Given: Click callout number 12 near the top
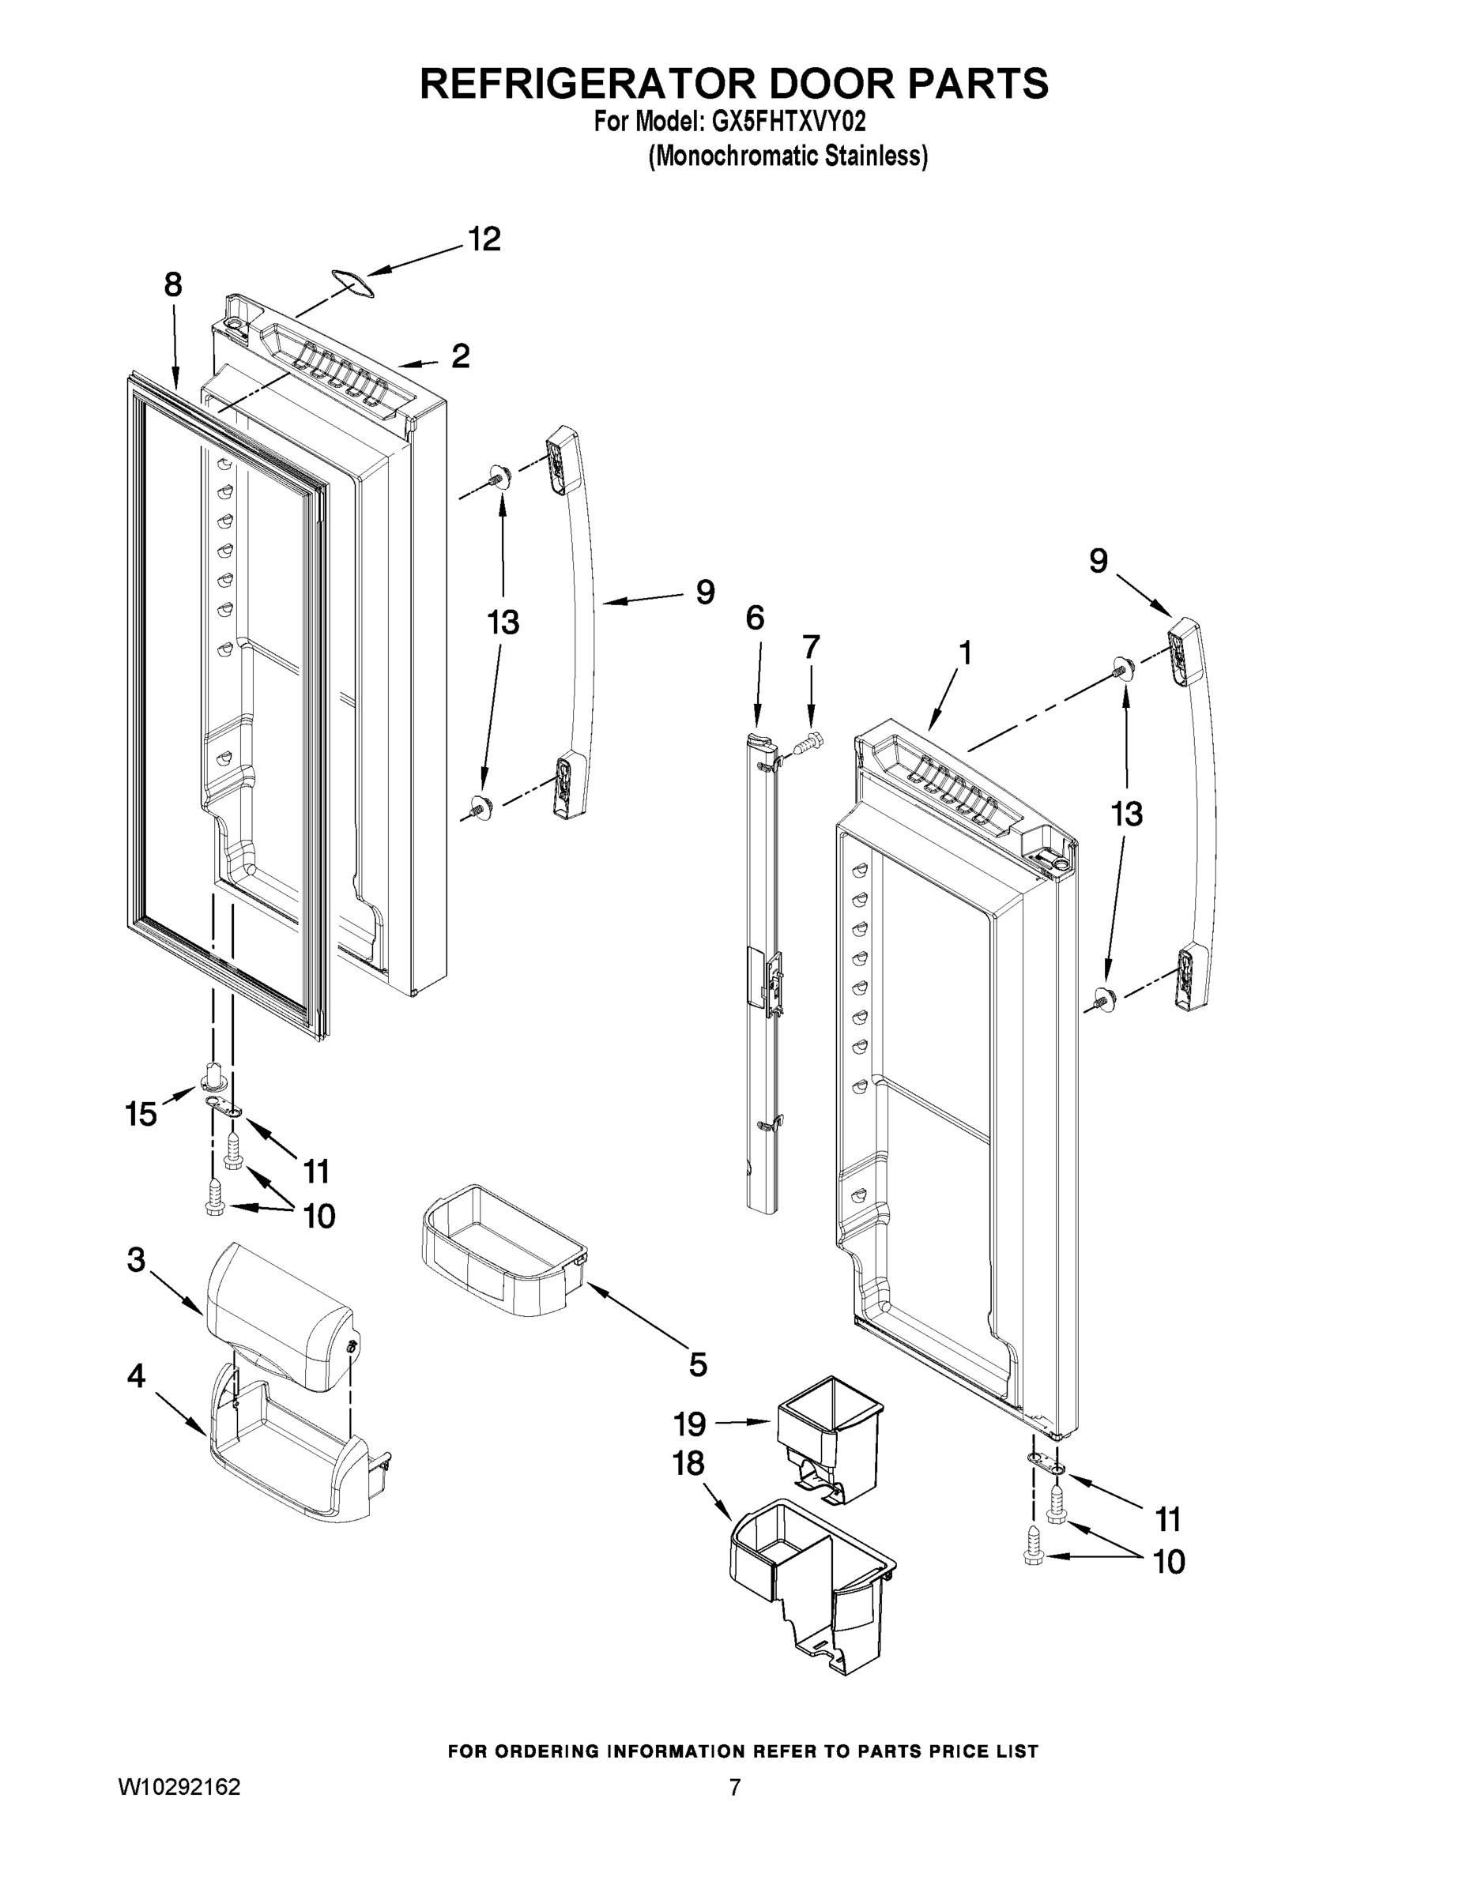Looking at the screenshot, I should [x=484, y=239].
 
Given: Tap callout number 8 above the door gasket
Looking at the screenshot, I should [x=173, y=284].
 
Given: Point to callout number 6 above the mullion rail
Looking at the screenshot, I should [x=755, y=618].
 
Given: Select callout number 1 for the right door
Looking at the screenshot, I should [x=964, y=652].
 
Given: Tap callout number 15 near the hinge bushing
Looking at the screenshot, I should [x=141, y=1114].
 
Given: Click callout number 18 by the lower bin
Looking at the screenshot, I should [x=688, y=1465].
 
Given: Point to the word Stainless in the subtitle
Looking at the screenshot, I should [x=876, y=156].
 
